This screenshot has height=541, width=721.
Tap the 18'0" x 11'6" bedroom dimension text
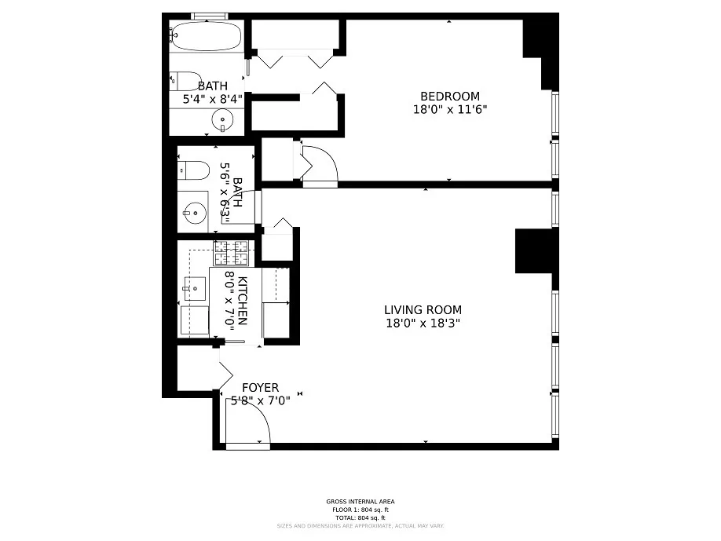(x=450, y=110)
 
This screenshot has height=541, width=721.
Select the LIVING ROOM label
(x=423, y=310)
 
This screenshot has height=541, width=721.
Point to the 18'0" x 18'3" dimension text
(x=423, y=324)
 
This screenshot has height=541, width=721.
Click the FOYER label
(x=260, y=388)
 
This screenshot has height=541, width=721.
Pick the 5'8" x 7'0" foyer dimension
(x=260, y=401)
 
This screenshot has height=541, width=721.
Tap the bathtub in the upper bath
(x=206, y=35)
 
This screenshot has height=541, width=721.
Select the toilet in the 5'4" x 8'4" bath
(x=185, y=80)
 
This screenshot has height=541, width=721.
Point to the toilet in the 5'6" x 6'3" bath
(x=193, y=169)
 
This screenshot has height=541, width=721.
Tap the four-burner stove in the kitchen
(x=232, y=253)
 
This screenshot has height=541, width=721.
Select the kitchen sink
(x=193, y=289)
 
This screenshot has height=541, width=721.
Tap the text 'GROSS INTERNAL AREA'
(x=360, y=502)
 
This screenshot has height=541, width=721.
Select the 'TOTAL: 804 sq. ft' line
(x=360, y=517)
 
